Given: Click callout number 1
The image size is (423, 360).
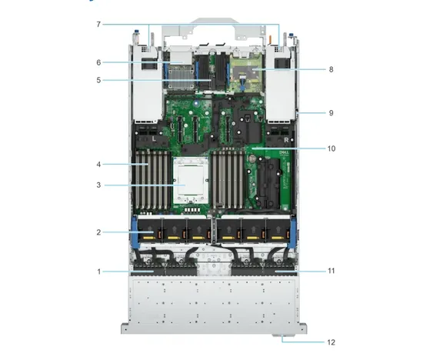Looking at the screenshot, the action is [99, 272].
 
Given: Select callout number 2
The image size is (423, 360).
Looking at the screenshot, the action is [98, 232].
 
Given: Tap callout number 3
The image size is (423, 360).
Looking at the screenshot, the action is [98, 185].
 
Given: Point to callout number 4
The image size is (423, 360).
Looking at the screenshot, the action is [98, 165].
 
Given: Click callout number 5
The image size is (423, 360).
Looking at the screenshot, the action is [98, 80].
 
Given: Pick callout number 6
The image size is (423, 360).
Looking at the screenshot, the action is [98, 62].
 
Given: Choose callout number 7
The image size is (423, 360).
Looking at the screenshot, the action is [98, 25].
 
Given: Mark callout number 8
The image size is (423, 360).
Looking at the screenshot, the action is [331, 69].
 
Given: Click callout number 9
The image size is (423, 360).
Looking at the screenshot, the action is [331, 113].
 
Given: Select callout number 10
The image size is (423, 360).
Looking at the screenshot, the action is [331, 148].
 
